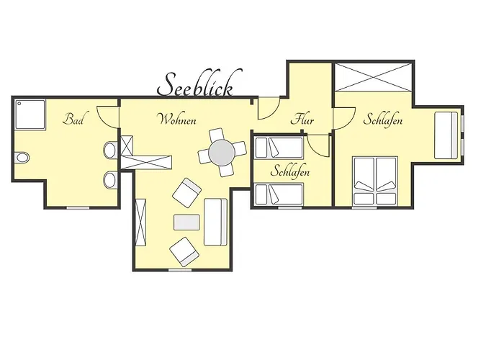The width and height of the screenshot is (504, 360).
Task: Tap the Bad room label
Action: point(74,119)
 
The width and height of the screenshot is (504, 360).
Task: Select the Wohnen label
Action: point(177,120)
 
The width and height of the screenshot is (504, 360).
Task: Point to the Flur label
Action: point(302,120)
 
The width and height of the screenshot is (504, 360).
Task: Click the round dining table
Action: point(222,153)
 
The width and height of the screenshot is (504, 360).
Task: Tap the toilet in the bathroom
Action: point(22,158)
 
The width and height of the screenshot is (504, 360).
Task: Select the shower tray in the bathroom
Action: point(30,114)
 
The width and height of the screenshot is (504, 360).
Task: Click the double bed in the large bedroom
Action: point(375,181)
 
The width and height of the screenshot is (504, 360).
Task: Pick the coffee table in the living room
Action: point(186,222)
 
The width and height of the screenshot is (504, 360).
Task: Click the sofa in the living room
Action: point(216,222)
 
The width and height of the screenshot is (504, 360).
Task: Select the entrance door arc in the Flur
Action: point(269,108)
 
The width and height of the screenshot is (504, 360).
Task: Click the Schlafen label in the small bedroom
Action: point(290,171)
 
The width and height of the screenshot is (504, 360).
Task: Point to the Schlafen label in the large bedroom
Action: point(382,120)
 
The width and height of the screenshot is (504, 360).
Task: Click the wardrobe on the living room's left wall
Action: point(141,222)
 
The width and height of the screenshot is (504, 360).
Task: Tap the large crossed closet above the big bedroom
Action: point(373,78)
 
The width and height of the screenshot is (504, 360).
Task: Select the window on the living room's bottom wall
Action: point(180,270)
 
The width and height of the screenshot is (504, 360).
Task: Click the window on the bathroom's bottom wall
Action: point(78,208)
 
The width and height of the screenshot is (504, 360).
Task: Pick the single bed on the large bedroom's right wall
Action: point(446,135)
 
